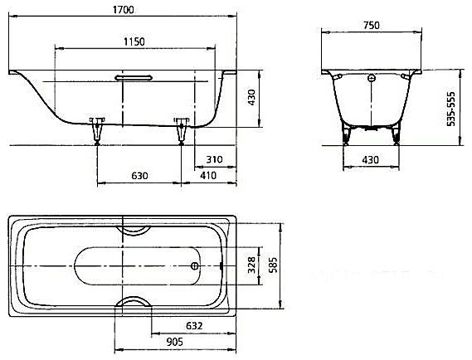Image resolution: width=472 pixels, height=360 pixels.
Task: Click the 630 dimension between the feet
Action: coord(139,175)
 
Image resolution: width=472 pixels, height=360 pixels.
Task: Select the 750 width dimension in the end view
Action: coord(371,26)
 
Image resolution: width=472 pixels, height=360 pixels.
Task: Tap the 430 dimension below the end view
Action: coord(371,158)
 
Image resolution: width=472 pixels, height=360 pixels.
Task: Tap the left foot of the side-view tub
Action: coord(98,129)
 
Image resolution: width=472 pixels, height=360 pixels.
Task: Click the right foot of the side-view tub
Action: coord(180,131)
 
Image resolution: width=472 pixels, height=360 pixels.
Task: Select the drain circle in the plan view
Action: coord(196,266)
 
